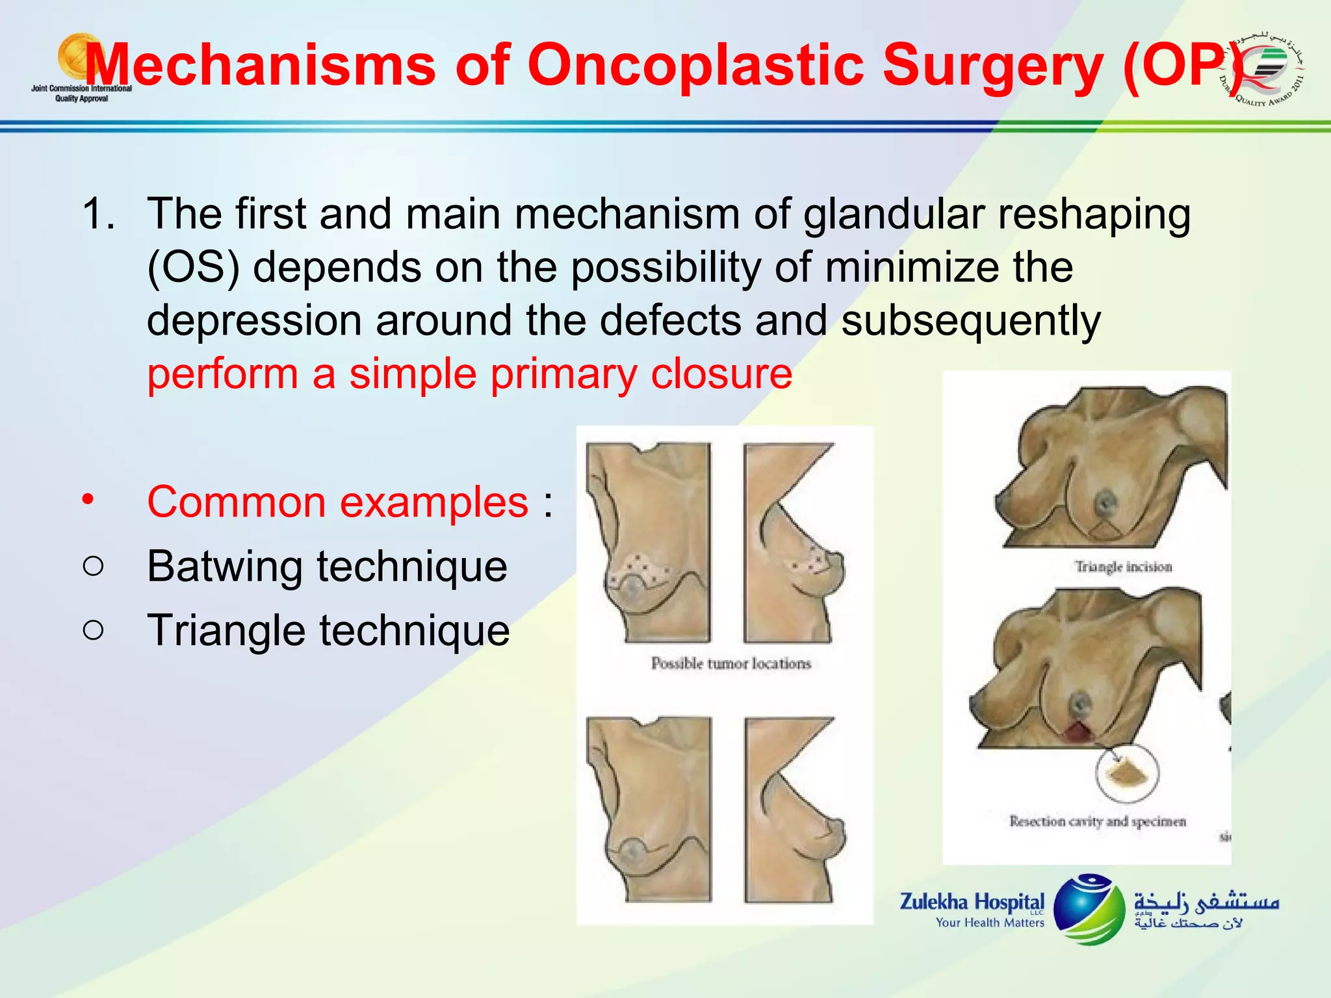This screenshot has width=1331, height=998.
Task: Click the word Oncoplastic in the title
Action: (695, 65)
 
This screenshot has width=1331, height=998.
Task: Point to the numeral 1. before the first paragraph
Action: (99, 214)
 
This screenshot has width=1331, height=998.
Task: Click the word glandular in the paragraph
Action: (894, 214)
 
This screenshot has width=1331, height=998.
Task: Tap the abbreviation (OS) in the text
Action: (193, 267)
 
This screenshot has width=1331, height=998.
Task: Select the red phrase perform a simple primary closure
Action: (469, 374)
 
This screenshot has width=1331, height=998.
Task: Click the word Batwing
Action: (224, 566)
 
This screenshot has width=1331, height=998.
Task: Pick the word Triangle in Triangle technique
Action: (226, 630)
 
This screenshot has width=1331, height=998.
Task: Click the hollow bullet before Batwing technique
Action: (94, 566)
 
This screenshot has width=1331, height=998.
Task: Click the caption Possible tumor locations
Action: (731, 663)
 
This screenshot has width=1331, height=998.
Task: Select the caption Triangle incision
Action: (1123, 567)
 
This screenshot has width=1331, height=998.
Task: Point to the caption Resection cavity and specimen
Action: (1097, 821)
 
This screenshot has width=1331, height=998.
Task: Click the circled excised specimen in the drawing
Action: (1127, 773)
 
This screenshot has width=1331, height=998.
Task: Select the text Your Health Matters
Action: (989, 923)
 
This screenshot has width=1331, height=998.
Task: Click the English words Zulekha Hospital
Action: (971, 902)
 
